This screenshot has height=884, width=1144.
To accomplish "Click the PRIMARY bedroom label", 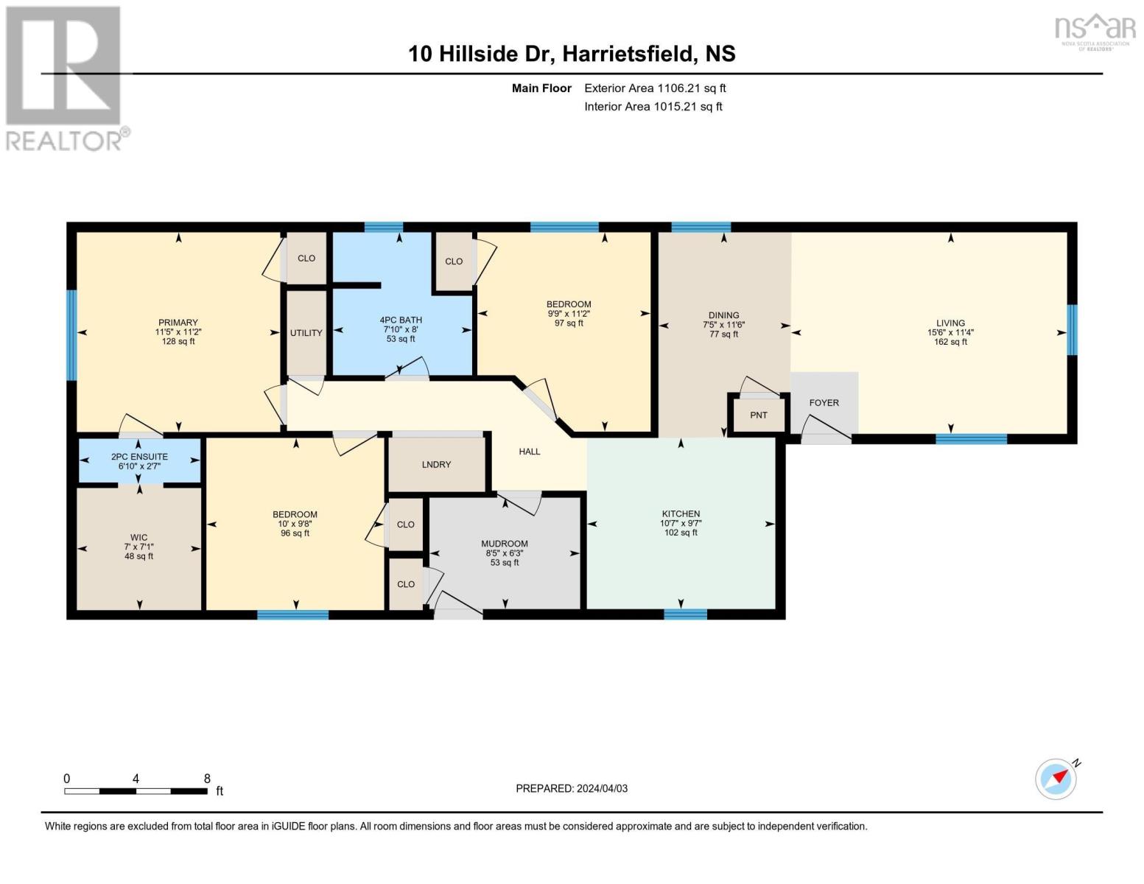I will click(x=178, y=323).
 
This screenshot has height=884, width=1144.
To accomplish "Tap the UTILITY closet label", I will click(x=306, y=333).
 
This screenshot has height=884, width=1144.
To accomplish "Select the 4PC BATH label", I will click(x=401, y=320).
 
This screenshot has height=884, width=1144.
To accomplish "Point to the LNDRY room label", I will click(x=436, y=465).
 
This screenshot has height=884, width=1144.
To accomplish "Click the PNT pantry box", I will click(x=758, y=415).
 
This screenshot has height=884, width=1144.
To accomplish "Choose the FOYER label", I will click(x=824, y=403).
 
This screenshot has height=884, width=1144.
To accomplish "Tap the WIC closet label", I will click(x=138, y=538).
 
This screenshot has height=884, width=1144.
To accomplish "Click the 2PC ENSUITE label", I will click(x=139, y=457).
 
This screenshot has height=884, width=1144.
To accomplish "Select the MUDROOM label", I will click(x=505, y=544).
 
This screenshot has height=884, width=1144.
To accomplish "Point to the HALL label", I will click(x=529, y=452).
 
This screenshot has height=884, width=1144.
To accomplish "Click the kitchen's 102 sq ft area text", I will click(x=681, y=533).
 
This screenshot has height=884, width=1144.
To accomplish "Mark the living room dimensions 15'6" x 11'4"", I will click(x=950, y=332).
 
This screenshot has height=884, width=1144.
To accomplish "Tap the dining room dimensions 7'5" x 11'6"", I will click(x=724, y=325).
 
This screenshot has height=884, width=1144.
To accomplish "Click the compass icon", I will click(x=1056, y=779).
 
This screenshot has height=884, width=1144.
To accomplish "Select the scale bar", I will click(x=136, y=791).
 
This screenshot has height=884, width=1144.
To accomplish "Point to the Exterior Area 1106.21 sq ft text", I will click(x=655, y=88).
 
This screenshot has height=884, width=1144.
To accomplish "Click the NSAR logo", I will click(x=1096, y=29).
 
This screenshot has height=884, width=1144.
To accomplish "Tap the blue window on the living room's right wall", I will click(x=1072, y=330).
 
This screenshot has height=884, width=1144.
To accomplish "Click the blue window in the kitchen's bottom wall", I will click(x=685, y=614).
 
